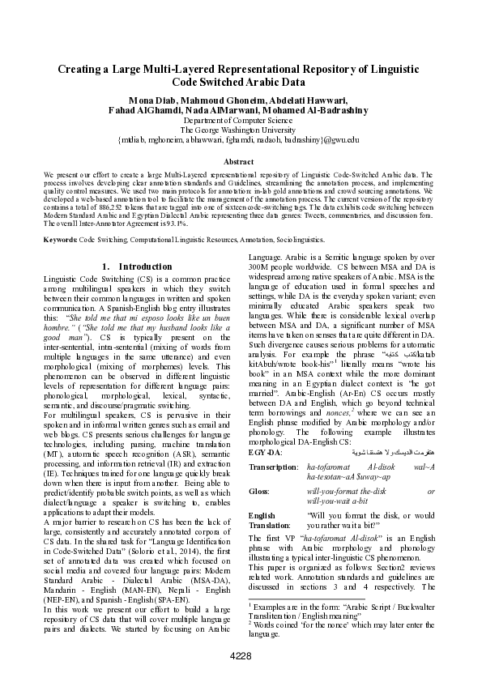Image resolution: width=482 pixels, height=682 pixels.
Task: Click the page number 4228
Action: (x=241, y=654)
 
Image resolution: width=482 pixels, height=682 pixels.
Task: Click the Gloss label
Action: (x=259, y=492)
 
